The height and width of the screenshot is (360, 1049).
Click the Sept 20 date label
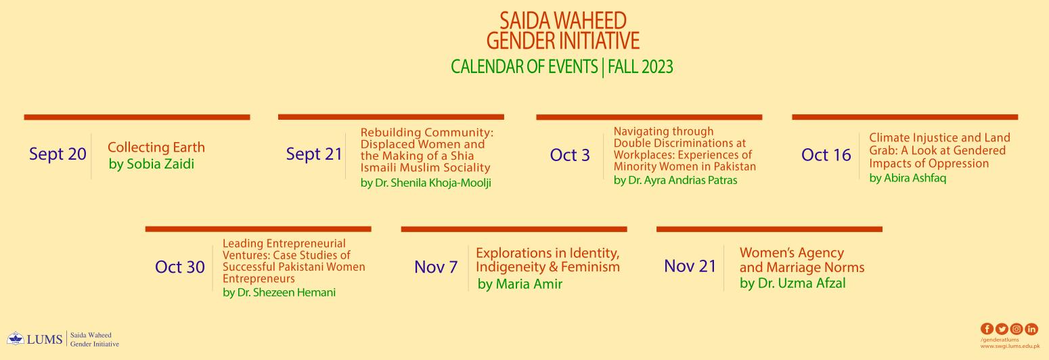[x=58, y=154]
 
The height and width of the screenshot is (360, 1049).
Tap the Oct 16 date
[x=826, y=155]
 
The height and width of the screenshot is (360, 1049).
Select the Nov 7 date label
[x=436, y=267]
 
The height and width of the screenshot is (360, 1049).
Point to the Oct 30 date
[x=180, y=267]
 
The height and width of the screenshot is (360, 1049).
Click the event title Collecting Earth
[x=156, y=147]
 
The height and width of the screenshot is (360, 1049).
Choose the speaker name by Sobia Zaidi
[x=152, y=164]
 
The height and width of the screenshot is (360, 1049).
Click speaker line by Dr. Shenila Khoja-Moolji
[x=426, y=183]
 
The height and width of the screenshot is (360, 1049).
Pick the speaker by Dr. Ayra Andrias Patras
[x=675, y=180]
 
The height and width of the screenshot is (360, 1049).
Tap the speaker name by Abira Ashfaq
[x=908, y=178]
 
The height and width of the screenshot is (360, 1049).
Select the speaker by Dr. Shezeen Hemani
[x=279, y=292]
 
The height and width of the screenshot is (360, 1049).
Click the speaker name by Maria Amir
[x=520, y=284]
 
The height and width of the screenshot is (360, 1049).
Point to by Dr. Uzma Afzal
[x=793, y=284]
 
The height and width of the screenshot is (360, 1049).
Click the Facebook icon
[x=987, y=329]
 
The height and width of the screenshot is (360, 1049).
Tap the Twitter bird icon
[x=1002, y=329]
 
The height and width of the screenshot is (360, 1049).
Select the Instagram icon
[x=1017, y=329]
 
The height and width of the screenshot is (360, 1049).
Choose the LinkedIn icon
[x=1031, y=329]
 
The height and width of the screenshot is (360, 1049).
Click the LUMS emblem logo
[x=16, y=338]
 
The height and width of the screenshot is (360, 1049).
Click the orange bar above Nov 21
[x=769, y=229]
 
